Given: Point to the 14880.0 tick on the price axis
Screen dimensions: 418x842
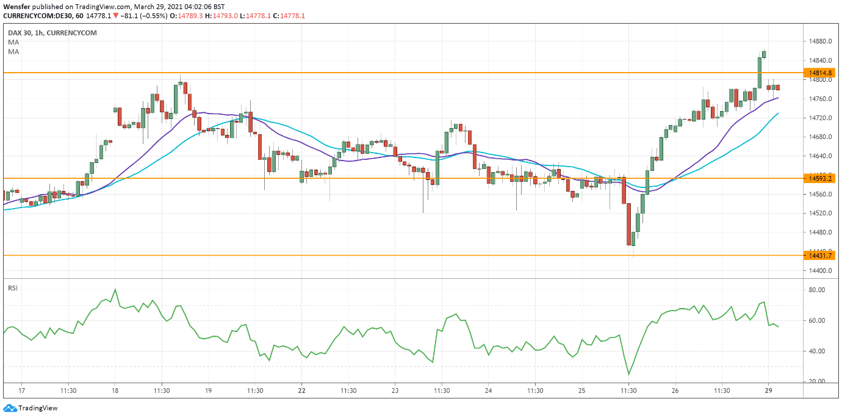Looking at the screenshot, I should (817, 41).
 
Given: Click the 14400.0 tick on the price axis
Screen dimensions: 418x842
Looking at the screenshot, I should (817, 270).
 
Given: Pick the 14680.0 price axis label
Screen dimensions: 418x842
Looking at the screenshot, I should (817, 137).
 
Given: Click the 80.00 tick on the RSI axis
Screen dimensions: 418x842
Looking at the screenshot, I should (817, 290).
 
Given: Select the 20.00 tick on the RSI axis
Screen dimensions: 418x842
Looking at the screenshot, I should (817, 381).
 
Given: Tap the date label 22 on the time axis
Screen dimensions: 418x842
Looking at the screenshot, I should (301, 391).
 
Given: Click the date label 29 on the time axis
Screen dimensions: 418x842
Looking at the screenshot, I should (769, 391).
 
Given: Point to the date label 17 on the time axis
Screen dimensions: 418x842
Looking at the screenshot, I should (21, 391).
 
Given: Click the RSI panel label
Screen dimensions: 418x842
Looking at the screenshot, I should (12, 287).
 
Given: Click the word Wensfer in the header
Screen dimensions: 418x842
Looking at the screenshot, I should (17, 6).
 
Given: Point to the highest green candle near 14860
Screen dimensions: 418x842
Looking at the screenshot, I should (765, 54).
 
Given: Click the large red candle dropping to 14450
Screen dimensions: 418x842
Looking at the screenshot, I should (628, 224).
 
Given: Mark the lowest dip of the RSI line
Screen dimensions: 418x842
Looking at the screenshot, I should (628, 375).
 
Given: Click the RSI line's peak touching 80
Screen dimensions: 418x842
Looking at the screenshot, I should (115, 290).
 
